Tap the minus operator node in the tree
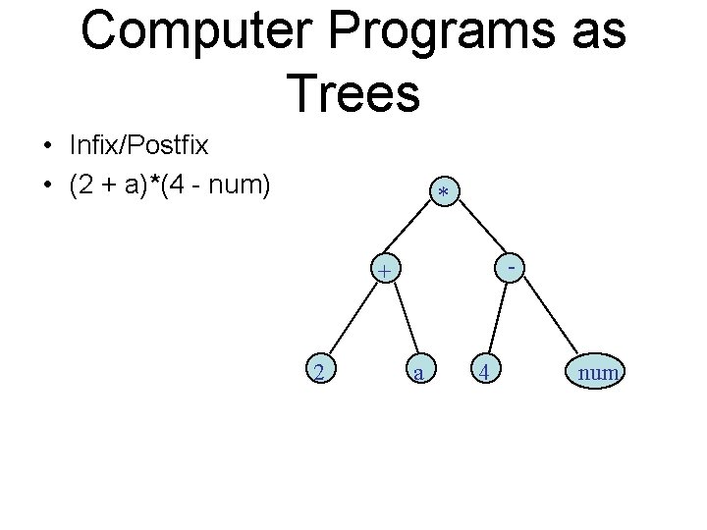pos(513,265)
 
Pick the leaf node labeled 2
pos(318,371)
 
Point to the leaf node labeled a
pos(419,372)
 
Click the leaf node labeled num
pos(597,372)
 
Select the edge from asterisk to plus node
pos(413,233)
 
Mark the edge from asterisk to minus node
pos(480,232)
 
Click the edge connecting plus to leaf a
pos(403,320)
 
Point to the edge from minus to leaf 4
pos(496,320)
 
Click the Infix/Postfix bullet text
pos(138,147)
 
